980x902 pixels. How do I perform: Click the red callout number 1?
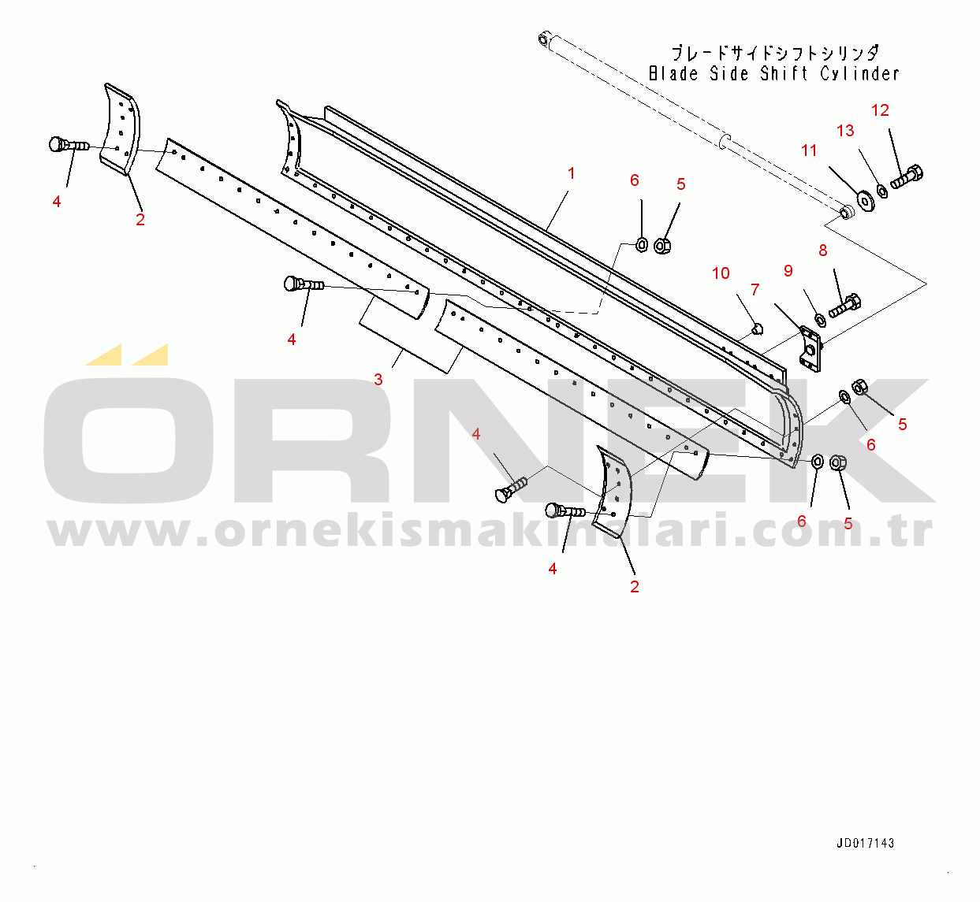click(x=571, y=173)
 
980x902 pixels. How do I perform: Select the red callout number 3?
click(x=378, y=379)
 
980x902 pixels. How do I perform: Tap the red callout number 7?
click(x=755, y=290)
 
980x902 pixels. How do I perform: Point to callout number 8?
click(x=823, y=251)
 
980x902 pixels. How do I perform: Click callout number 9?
click(x=788, y=271)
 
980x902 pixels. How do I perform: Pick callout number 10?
click(x=721, y=273)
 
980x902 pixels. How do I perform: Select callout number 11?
click(x=809, y=150)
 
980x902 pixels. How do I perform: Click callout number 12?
click(x=880, y=110)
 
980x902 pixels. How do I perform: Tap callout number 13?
click(x=845, y=131)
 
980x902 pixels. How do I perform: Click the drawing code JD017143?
click(x=865, y=843)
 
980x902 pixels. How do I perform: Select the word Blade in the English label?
click(x=673, y=74)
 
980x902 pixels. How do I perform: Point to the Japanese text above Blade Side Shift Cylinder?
click(x=774, y=54)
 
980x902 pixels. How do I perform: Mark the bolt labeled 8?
click(x=845, y=305)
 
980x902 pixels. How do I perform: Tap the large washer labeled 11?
click(x=866, y=199)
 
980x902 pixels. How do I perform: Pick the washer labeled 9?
click(x=819, y=319)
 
